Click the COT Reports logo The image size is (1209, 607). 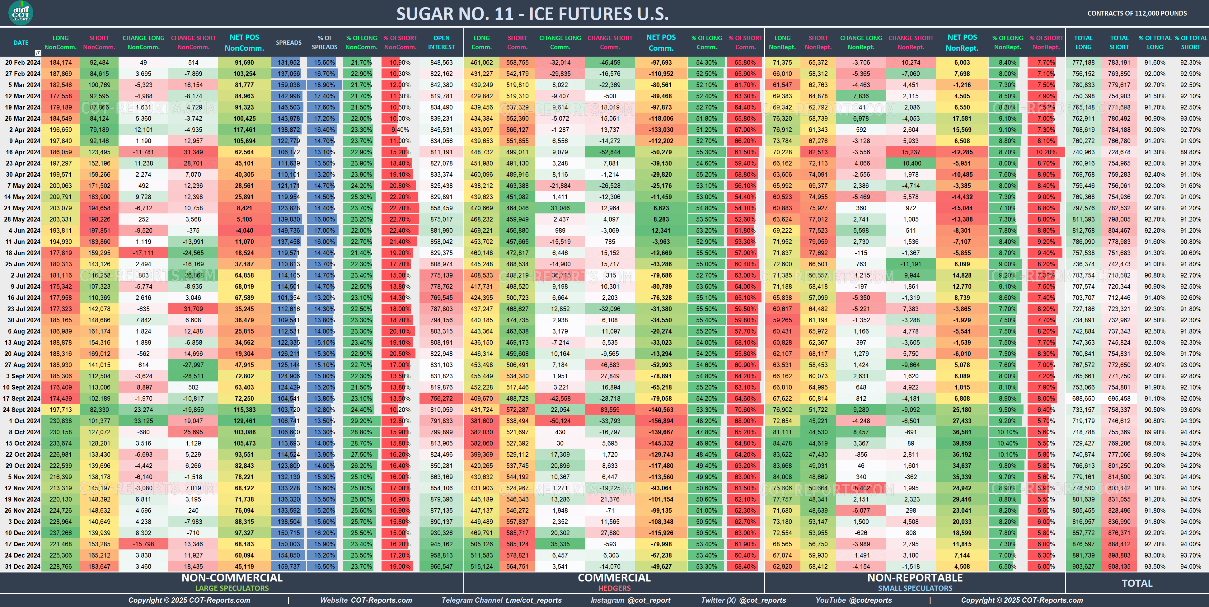coord(21,13)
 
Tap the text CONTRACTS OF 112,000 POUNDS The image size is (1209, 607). coord(1137,13)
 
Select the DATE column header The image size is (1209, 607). coord(21,43)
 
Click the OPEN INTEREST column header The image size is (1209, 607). coord(441,43)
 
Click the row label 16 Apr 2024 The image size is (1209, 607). coord(22,152)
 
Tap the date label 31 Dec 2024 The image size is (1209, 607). coord(22,566)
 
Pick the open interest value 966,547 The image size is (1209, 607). coord(441,566)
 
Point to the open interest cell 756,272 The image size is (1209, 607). coord(441,398)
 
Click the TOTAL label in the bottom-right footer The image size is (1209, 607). coord(1137,583)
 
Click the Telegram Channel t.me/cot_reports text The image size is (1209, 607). coord(501,600)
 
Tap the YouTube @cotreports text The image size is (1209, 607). coord(854,600)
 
